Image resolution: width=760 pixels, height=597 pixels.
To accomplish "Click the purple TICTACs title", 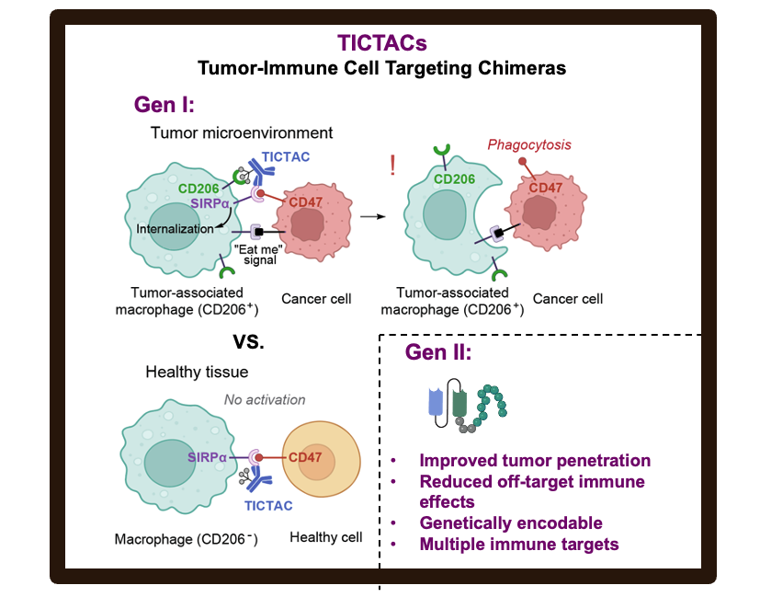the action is (382, 42).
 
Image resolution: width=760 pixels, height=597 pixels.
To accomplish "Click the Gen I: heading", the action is (164, 104).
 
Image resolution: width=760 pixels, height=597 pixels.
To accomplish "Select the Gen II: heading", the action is (438, 351).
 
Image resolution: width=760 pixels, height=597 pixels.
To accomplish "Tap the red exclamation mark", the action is (392, 165).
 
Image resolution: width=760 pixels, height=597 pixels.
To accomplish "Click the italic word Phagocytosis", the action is (529, 144).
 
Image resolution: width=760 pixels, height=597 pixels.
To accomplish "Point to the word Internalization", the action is (175, 229).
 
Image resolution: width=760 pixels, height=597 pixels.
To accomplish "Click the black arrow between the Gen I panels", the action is (373, 216).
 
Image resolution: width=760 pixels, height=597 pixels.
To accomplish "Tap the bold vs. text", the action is (249, 341).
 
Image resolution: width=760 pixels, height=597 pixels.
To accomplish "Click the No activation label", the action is (265, 399).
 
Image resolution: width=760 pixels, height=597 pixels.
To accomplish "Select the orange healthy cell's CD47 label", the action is (305, 457).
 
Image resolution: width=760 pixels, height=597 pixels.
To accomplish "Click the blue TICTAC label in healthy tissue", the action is (268, 506).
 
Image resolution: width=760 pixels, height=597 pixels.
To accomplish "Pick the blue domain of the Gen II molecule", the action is (436, 402).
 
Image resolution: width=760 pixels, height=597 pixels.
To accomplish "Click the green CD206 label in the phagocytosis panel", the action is (454, 179).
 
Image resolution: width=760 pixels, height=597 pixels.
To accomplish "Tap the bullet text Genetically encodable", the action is (511, 522).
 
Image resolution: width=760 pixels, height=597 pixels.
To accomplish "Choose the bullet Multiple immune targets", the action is (519, 545).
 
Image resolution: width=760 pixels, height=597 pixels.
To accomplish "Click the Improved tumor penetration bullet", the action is (535, 460).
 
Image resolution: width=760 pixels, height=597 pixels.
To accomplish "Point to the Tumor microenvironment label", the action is (242, 132).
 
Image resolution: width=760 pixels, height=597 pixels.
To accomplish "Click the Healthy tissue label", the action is (197, 372).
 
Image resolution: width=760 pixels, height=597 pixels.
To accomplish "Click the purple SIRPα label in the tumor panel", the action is (210, 203).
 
